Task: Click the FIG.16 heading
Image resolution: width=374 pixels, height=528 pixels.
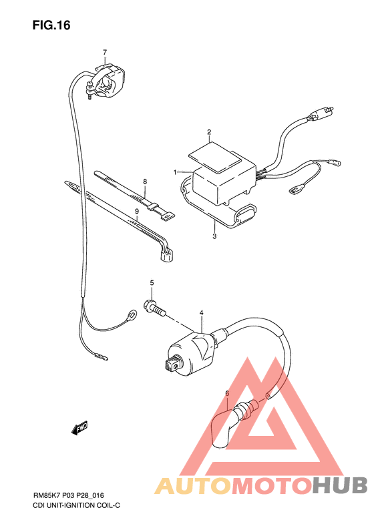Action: [51, 25]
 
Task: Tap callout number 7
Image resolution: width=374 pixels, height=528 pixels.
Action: [105, 52]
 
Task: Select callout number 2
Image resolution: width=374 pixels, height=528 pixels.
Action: [209, 132]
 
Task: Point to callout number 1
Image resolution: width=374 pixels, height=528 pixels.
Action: [176, 172]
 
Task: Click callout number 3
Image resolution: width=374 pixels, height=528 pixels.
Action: [214, 236]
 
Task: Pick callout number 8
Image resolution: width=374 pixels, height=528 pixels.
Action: [144, 181]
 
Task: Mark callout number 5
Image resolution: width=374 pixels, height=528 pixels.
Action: [152, 283]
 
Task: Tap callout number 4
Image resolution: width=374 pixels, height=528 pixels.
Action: [201, 312]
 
